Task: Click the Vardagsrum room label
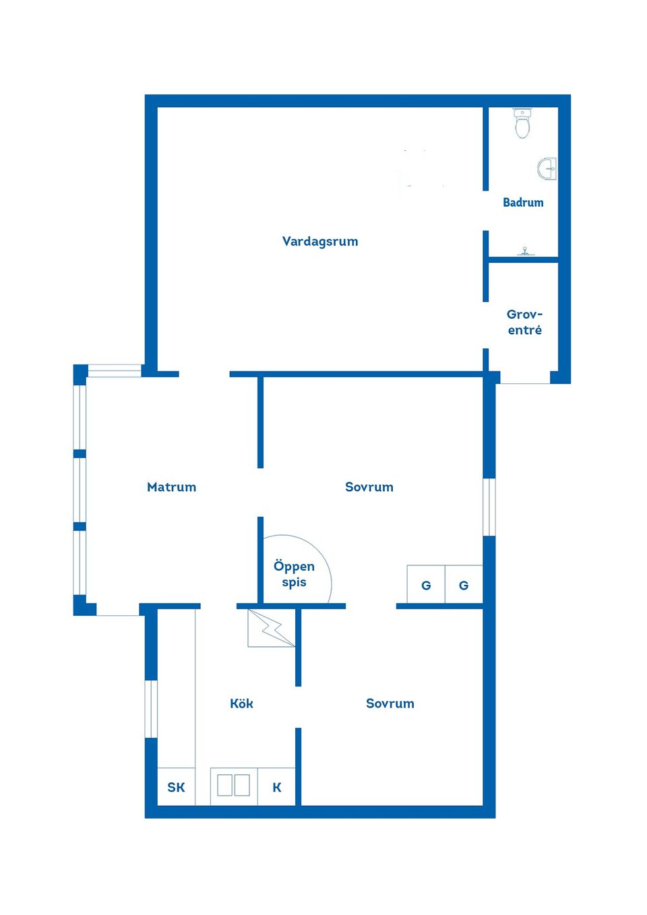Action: coord(320,241)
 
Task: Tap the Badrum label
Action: coord(523,202)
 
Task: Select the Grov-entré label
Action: coord(524,322)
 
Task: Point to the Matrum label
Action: coord(171,487)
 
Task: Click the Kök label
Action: coord(241,703)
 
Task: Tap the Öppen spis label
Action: coord(294,574)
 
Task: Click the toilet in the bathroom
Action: coord(522,123)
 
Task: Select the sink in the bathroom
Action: coord(548,169)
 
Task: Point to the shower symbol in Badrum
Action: coord(525,251)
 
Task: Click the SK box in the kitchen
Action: coord(176,787)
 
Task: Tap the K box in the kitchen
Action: coord(276,787)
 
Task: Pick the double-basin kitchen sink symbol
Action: coord(233,786)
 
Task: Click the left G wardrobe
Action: coord(426,585)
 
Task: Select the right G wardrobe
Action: coord(464,585)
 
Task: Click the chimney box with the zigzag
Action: coord(271,628)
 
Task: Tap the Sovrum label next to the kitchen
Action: coord(390,703)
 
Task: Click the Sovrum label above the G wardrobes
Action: coord(369,487)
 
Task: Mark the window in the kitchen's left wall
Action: coord(152,709)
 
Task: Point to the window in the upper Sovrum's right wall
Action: coord(490,507)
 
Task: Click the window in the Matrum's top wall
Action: coord(115,370)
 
